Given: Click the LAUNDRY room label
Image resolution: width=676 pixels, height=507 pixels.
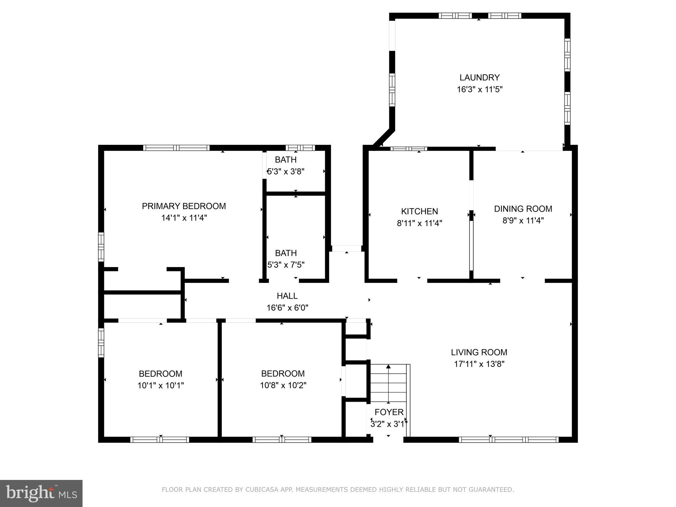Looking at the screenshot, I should (479, 78).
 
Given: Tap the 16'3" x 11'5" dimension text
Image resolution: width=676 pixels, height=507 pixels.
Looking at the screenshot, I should (479, 89).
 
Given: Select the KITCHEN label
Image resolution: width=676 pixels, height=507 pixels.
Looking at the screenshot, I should (419, 211).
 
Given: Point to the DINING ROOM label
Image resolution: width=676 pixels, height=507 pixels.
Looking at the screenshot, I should (523, 209).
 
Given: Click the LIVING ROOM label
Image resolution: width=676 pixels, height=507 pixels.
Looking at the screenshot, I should (479, 352).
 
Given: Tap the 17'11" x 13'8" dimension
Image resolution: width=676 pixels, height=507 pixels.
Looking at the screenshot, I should (479, 364).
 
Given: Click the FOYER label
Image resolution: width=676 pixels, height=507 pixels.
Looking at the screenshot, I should (389, 412).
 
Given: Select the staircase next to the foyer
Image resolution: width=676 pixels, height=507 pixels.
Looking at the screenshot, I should (389, 383).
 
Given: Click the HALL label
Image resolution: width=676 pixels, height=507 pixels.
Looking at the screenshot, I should (287, 296).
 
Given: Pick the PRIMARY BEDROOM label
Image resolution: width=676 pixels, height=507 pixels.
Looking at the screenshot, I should (184, 206).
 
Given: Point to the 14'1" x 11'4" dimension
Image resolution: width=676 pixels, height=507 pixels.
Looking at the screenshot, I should (184, 218).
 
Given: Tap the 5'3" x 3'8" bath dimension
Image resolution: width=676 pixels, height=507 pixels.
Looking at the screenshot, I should (286, 172).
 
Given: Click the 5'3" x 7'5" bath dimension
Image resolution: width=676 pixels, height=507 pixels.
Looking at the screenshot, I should (286, 265).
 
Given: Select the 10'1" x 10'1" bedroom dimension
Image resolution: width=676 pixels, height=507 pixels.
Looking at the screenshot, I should (160, 386).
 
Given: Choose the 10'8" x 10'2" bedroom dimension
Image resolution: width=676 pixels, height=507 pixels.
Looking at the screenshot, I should (283, 386).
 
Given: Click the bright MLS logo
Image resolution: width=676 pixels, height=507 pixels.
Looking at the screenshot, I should (41, 493).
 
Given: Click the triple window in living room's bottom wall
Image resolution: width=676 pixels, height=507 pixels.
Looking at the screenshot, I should (508, 439).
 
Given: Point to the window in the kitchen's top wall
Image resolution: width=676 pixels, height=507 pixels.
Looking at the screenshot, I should (409, 149).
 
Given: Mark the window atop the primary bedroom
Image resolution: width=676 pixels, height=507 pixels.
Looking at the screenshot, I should (176, 148).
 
